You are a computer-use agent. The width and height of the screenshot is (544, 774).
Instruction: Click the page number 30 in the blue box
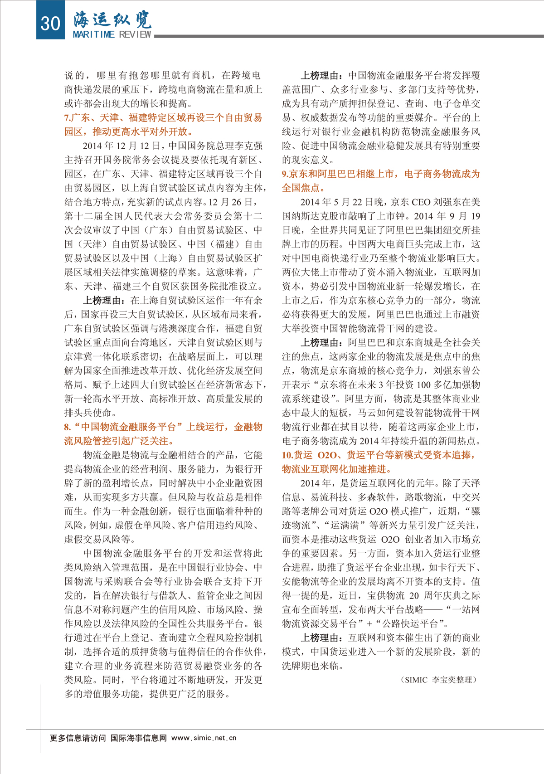click(x=50, y=22)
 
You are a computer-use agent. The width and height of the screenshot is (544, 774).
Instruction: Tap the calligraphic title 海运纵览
click(x=112, y=19)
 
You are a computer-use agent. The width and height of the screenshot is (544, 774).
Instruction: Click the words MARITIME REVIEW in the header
click(x=112, y=34)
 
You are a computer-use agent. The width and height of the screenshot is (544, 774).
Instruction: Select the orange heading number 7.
click(x=67, y=118)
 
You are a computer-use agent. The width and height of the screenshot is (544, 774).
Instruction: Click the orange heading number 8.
click(x=68, y=427)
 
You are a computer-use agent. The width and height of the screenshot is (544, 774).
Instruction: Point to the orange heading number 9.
click(x=285, y=174)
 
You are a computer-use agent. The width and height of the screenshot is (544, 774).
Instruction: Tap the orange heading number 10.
click(x=287, y=455)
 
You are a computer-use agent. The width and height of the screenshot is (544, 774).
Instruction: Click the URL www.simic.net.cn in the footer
click(x=204, y=738)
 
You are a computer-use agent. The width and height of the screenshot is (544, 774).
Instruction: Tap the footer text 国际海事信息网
click(x=139, y=738)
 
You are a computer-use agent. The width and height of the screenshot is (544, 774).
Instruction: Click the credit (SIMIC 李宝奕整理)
click(x=438, y=680)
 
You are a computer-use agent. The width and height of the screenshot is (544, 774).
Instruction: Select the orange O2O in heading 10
click(x=327, y=455)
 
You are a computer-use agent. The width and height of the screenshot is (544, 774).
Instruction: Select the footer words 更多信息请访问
click(x=78, y=738)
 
